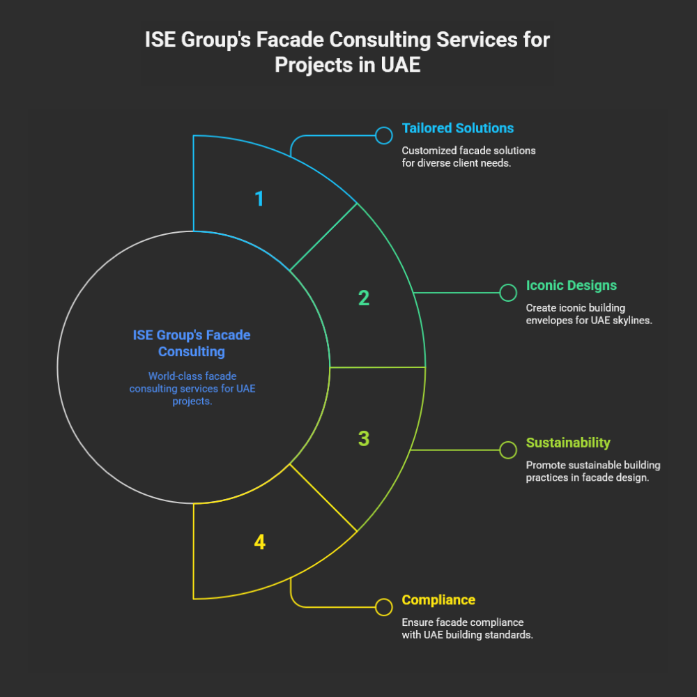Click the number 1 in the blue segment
tap(259, 199)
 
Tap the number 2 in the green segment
tap(363, 298)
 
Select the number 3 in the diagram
tap(363, 439)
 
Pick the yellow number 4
tap(259, 542)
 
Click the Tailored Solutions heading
tap(457, 128)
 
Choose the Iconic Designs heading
tap(571, 286)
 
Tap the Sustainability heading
tap(568, 443)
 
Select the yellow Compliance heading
tap(438, 600)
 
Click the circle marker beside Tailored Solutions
tap(383, 135)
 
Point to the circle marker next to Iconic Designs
tap(508, 293)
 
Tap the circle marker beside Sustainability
tap(508, 450)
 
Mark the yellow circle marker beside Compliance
tap(383, 607)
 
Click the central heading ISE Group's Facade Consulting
tap(192, 343)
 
